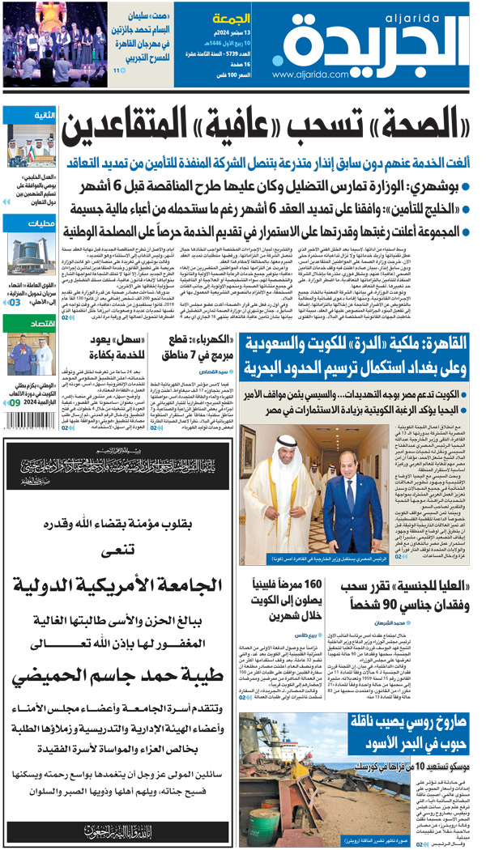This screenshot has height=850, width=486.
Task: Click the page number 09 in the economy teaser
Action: (x=15, y=402)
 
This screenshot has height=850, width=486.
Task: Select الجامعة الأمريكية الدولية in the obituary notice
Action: (x=122, y=588)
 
